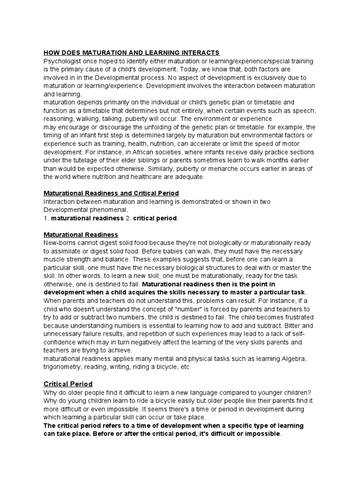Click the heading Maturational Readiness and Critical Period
111,193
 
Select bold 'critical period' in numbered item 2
155,218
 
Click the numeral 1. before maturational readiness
46,218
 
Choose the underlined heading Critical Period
68,383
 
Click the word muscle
54,259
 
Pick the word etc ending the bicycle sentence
184,367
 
